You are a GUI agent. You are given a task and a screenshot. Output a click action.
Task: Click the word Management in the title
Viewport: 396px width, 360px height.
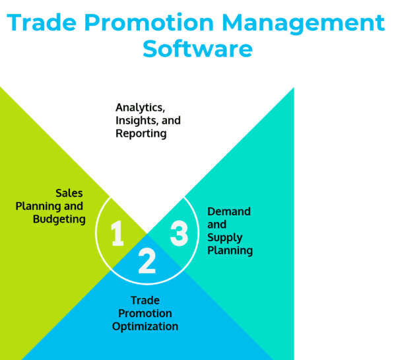(x=304, y=23)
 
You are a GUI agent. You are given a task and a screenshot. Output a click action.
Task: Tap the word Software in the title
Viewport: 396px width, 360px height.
(x=198, y=49)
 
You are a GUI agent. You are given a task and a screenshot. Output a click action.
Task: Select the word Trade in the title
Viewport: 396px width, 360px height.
(x=42, y=22)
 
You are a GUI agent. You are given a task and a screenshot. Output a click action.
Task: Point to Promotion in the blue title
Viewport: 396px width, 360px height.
(x=149, y=22)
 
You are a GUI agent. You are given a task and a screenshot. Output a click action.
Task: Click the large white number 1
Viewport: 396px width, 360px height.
(x=117, y=233)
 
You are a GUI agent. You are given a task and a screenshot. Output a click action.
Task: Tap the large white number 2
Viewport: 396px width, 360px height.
(x=147, y=261)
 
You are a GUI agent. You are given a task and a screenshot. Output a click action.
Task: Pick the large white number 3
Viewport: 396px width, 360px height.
(x=179, y=233)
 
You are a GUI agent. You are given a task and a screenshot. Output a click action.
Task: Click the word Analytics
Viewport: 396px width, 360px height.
(x=141, y=108)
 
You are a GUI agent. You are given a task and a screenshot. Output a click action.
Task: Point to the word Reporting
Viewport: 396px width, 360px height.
(x=141, y=134)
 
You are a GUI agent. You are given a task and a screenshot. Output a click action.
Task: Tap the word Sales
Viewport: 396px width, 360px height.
(x=69, y=194)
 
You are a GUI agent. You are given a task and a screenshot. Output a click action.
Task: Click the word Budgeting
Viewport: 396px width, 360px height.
(x=59, y=220)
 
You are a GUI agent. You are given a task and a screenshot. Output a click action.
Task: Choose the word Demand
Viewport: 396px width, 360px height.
(x=229, y=211)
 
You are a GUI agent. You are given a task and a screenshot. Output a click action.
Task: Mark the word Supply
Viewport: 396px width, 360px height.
(x=225, y=238)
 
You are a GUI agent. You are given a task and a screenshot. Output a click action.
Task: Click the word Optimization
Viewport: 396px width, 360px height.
(x=145, y=326)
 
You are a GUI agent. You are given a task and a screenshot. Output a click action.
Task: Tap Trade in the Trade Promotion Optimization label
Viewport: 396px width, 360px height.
(x=145, y=301)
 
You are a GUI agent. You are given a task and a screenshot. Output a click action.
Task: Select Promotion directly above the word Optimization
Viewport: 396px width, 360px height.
(x=145, y=314)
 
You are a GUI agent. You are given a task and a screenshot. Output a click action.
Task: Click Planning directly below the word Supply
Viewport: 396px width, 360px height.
(x=230, y=251)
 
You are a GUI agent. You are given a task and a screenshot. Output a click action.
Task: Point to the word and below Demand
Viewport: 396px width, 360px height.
(x=216, y=225)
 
